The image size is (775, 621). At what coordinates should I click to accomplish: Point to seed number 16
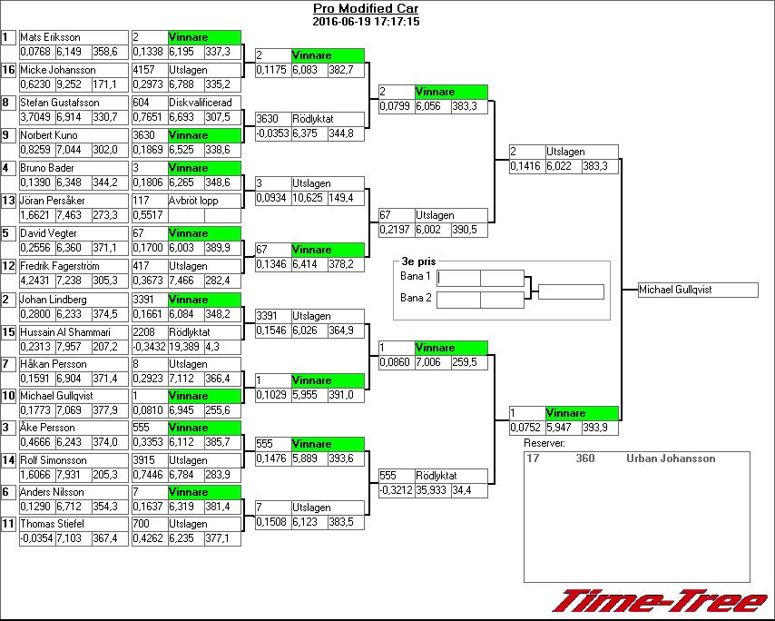[9, 70]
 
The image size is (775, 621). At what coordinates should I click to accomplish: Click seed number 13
[9, 201]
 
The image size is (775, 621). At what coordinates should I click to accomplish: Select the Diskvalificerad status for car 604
[200, 103]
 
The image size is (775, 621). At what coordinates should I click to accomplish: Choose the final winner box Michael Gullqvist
[697, 290]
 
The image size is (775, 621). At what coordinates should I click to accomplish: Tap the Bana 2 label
[415, 298]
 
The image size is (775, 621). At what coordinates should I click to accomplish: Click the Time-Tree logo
[661, 601]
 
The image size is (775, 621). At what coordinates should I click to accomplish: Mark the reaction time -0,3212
[395, 490]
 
